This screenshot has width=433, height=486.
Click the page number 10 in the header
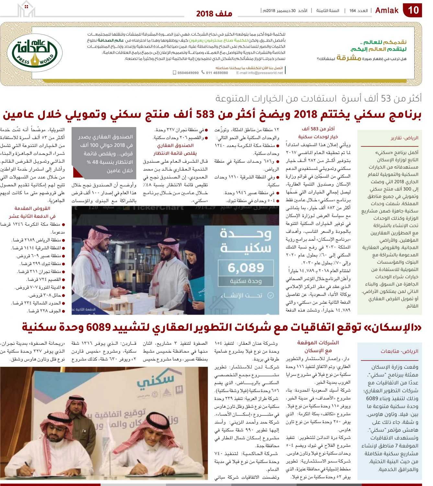[413, 10]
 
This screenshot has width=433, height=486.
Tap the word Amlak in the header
[387, 10]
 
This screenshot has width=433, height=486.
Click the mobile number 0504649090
[188, 73]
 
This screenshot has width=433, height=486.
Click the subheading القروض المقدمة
[32, 208]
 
